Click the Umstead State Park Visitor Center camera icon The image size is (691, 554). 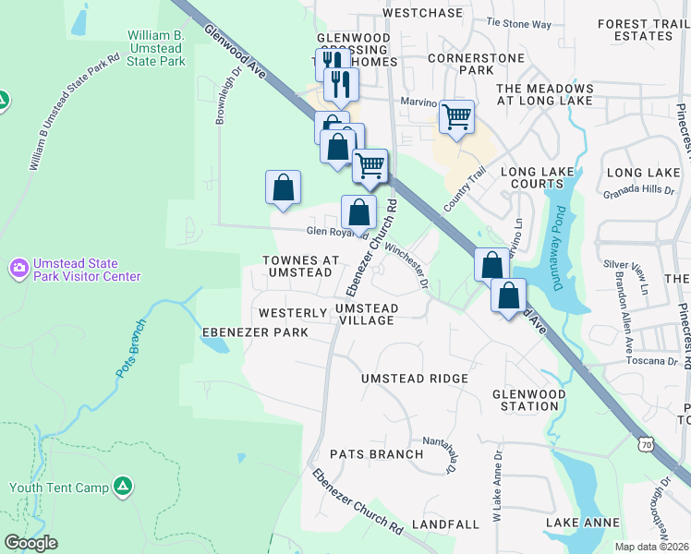(18, 268)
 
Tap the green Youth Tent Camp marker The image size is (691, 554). (123, 487)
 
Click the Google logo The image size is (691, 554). (30, 543)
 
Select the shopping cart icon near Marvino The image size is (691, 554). (456, 117)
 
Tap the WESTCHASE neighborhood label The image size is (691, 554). (422, 13)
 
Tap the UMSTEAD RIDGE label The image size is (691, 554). (414, 379)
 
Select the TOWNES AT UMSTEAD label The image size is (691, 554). (298, 267)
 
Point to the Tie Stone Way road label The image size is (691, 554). (517, 22)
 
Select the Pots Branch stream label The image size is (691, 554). (131, 348)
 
